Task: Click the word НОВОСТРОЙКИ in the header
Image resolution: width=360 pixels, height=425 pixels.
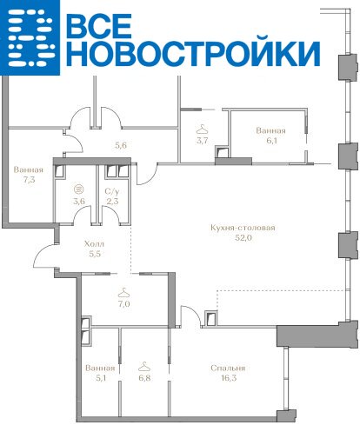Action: (193, 54)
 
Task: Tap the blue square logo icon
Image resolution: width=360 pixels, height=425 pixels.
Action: (30, 37)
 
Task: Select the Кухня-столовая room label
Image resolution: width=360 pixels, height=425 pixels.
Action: (243, 228)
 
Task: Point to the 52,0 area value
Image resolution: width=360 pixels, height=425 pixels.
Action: (243, 238)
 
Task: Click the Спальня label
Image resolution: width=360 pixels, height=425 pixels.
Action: (228, 368)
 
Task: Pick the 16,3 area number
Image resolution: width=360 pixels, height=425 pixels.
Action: (228, 378)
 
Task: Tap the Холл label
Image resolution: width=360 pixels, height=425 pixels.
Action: (94, 244)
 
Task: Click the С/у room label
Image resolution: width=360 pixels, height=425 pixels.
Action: (112, 191)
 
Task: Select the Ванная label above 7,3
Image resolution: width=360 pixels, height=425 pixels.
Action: (29, 169)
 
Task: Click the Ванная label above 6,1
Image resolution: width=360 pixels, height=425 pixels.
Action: (270, 130)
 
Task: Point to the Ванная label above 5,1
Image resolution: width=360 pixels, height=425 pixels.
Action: (100, 368)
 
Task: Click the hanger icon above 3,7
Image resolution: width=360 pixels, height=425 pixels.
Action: (202, 129)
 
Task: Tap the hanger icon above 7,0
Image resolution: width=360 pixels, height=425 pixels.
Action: (123, 293)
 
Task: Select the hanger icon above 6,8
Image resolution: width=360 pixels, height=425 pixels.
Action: (144, 367)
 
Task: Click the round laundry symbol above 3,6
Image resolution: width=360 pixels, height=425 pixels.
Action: (78, 189)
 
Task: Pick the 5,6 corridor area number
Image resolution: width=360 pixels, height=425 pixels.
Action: (121, 145)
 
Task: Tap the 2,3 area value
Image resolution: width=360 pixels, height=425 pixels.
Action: (112, 202)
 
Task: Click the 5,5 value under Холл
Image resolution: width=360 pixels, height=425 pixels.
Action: (95, 254)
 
